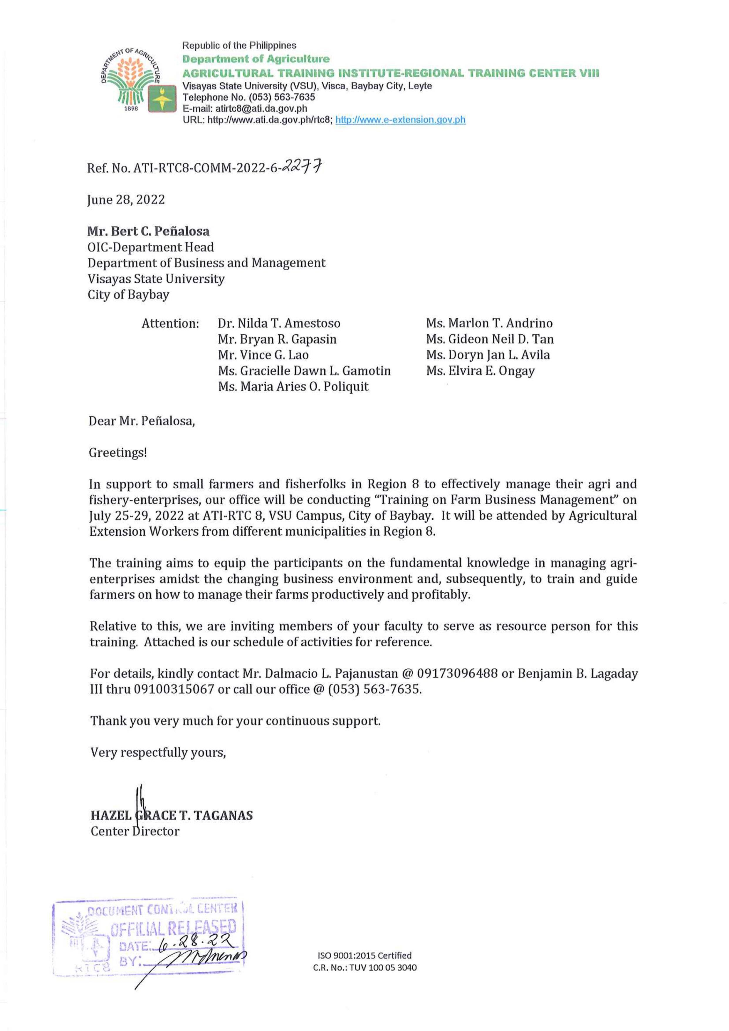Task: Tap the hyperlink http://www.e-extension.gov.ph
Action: click(x=400, y=120)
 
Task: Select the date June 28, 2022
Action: click(x=126, y=200)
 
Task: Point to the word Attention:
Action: click(x=170, y=323)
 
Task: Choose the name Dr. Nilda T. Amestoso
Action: click(x=279, y=323)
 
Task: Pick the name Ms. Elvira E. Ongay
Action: click(x=480, y=371)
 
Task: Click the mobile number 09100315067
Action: click(x=174, y=689)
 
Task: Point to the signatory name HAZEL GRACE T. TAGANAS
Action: click(x=172, y=815)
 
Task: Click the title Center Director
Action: click(x=135, y=831)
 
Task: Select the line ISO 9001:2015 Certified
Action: click(x=364, y=955)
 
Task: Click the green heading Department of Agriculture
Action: click(x=256, y=59)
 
